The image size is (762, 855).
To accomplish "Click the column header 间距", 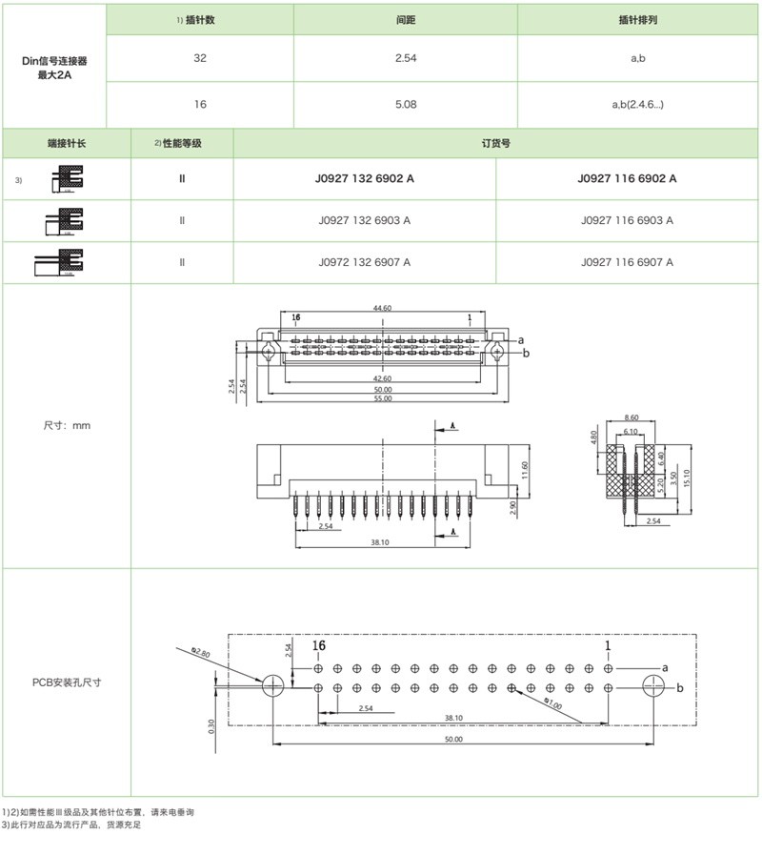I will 405,20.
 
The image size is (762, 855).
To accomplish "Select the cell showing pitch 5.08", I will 405,104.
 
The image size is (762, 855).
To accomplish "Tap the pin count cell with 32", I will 199,58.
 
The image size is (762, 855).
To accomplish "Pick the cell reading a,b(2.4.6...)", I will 638,104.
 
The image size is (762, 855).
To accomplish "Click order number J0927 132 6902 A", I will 365,178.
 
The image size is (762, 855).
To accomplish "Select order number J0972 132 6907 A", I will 365,261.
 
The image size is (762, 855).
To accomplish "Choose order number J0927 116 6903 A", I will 627,220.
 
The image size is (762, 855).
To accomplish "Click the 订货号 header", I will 496,143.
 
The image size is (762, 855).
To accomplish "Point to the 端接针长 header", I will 67,143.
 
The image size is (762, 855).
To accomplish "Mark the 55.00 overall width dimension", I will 382,398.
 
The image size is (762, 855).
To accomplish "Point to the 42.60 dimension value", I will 382,378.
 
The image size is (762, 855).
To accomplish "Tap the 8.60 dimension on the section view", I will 631,418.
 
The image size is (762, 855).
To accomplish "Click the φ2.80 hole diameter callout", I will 200,652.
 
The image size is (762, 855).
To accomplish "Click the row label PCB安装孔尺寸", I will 67,682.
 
